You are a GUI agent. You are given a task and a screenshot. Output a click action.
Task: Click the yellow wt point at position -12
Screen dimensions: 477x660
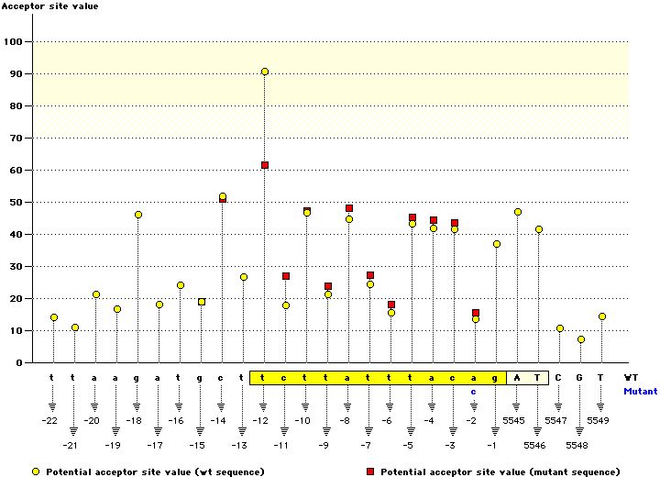(265, 72)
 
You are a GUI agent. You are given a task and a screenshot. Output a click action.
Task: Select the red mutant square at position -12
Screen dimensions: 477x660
(265, 165)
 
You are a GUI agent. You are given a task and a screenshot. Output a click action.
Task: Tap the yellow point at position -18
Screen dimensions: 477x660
(138, 215)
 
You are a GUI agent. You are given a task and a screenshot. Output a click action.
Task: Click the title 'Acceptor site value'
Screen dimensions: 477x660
(49, 6)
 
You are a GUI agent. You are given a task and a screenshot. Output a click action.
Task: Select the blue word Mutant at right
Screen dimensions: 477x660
(640, 391)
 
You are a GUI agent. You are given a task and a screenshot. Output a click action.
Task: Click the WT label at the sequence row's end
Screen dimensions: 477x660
(631, 377)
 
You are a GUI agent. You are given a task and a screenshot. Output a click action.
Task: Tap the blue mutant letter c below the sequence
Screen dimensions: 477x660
(474, 391)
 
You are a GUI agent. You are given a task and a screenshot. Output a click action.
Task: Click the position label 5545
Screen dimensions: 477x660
(514, 420)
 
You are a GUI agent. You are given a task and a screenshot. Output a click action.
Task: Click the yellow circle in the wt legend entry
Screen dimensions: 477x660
(36, 472)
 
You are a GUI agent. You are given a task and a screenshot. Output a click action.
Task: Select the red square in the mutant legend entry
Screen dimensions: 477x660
(370, 472)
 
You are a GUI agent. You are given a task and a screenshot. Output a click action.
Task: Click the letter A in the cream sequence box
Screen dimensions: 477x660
(517, 377)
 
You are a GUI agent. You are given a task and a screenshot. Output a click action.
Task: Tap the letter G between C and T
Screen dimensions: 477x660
(580, 377)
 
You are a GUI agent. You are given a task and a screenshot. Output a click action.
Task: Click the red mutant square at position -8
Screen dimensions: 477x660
(349, 208)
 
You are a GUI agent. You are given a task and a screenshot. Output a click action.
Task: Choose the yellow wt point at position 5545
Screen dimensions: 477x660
(518, 212)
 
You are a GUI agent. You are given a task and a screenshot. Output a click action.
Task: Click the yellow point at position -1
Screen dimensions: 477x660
(497, 244)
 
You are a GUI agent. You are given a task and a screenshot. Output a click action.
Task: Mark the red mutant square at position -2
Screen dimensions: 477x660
(476, 313)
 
